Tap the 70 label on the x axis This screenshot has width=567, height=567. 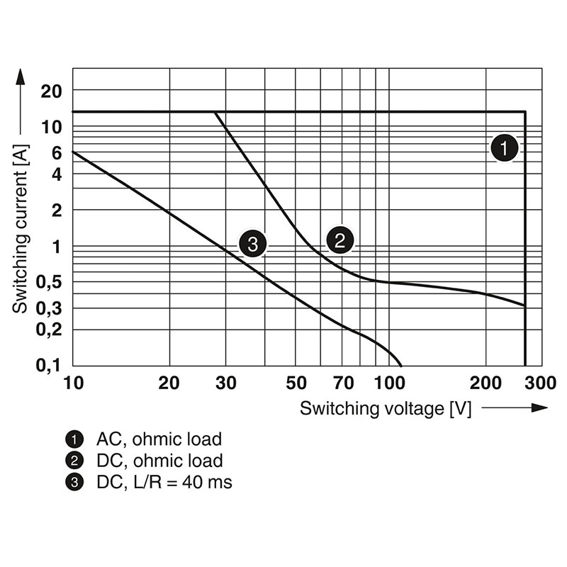click(x=343, y=384)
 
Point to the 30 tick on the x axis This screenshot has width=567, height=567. click(x=225, y=384)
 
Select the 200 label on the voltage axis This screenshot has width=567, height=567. click(x=485, y=384)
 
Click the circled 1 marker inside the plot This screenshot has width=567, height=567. click(x=505, y=149)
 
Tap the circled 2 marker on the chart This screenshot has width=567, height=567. click(x=339, y=240)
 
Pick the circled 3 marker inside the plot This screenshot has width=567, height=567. click(x=252, y=245)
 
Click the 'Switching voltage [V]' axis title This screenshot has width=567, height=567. click(x=386, y=408)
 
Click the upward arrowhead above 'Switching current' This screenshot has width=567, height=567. click(x=21, y=74)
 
